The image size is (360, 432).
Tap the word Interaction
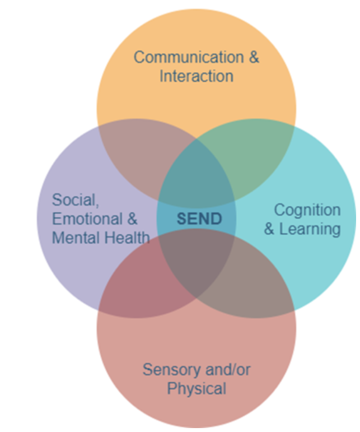click(196, 76)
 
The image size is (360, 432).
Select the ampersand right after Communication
click(254, 57)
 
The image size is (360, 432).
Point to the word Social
click(72, 200)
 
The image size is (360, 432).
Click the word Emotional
click(86, 219)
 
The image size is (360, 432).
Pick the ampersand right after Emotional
click(131, 219)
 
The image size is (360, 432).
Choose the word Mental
click(72, 238)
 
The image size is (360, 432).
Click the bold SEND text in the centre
click(199, 219)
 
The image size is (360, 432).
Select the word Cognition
click(307, 210)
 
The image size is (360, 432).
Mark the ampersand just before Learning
click(269, 229)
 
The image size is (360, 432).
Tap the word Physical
click(197, 388)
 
